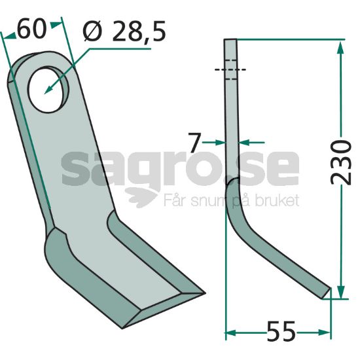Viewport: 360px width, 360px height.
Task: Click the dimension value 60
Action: [31, 30]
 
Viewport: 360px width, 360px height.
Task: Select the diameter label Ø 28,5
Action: [124, 31]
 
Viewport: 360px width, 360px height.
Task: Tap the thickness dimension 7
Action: [194, 143]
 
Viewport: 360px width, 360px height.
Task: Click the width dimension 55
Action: [281, 331]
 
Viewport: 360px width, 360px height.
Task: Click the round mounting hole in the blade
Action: [48, 89]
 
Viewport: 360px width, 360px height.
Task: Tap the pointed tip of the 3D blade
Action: [205, 293]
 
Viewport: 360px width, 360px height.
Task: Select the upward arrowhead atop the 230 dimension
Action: [341, 48]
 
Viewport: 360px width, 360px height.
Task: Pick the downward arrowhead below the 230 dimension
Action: [341, 292]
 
